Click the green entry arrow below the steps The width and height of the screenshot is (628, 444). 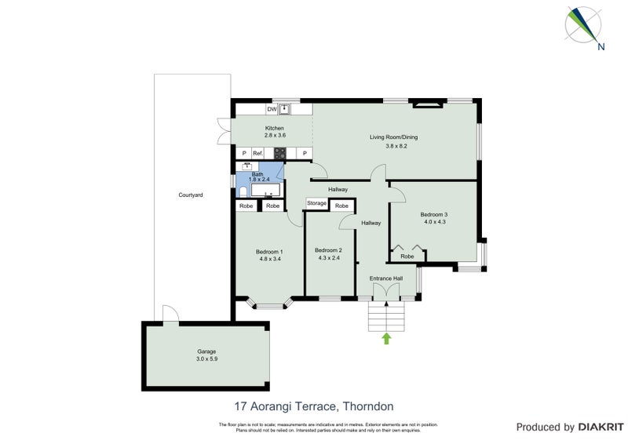[386, 339]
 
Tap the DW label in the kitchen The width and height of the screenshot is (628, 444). [271, 109]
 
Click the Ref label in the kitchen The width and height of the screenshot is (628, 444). [257, 153]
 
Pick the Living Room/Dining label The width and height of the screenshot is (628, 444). [394, 137]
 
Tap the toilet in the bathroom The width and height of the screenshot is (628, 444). [242, 191]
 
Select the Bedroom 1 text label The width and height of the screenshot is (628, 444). [268, 252]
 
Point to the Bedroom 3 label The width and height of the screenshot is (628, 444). [433, 214]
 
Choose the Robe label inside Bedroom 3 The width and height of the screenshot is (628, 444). [407, 257]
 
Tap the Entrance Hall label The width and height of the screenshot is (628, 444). [386, 278]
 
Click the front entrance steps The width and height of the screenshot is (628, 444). [386, 317]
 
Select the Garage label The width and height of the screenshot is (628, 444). [206, 351]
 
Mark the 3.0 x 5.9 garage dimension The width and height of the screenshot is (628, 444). [206, 358]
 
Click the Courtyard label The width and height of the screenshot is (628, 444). [191, 195]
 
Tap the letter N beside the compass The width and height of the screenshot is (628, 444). [601, 46]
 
